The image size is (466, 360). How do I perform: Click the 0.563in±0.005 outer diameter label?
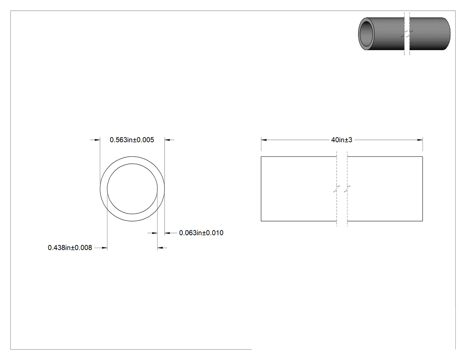coord(132,140)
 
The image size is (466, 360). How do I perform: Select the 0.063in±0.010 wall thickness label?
coord(201,233)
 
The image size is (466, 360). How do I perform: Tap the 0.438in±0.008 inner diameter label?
coord(70,248)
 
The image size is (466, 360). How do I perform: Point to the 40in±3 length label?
coord(342,140)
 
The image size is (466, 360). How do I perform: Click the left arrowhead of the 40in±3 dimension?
coord(264,140)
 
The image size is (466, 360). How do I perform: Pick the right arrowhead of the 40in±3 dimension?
coord(420,140)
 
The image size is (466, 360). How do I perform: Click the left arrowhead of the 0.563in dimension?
coord(97,140)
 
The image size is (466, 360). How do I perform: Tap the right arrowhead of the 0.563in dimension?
coord(167,140)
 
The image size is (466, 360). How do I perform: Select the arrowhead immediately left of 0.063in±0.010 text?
coord(167,233)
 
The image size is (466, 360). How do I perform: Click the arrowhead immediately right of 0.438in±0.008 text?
coord(104,248)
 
